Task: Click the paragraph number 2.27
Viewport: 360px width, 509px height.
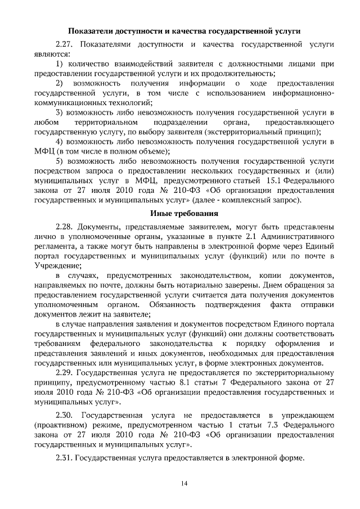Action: click(x=66, y=43)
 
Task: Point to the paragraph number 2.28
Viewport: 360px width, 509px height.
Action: click(x=66, y=227)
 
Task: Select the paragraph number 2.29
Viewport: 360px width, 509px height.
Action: click(x=66, y=373)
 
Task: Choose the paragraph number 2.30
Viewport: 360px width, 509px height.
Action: click(x=66, y=416)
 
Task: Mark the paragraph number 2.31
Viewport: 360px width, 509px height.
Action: click(x=66, y=458)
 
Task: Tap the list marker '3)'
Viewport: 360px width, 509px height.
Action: click(x=61, y=113)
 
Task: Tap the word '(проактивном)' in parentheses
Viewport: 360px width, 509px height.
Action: click(x=58, y=425)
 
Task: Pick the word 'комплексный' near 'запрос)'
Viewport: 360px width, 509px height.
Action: click(x=249, y=200)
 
